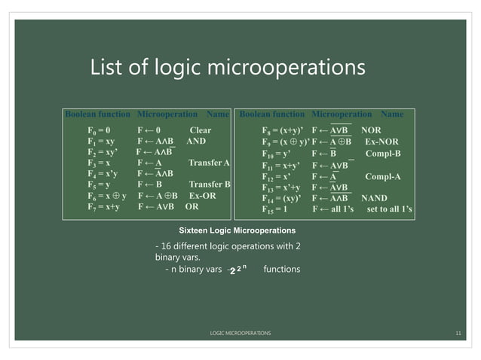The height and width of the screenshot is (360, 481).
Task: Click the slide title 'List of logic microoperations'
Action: click(228, 69)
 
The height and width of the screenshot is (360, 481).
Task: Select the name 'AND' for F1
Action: click(196, 141)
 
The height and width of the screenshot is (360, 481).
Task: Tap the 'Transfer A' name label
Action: click(209, 163)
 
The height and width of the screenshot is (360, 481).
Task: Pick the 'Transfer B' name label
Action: click(209, 185)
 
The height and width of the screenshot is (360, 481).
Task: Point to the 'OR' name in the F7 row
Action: click(191, 206)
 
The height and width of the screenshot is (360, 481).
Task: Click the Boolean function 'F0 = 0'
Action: click(100, 130)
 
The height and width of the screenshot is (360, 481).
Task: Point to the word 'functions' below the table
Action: click(283, 269)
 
